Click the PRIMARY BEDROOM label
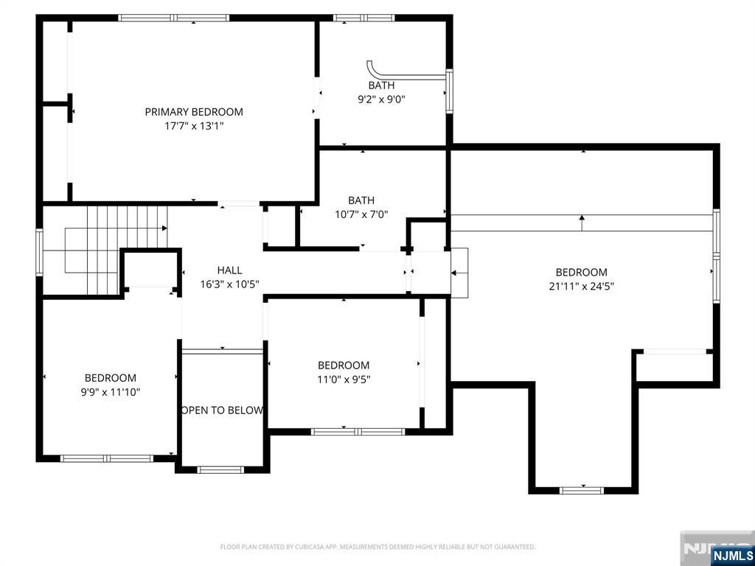[x=194, y=112]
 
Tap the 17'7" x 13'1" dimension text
[x=194, y=127]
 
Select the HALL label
[x=229, y=270]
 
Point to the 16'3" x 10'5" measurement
[x=230, y=284]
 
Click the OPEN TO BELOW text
[x=222, y=410]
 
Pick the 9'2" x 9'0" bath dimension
[x=381, y=99]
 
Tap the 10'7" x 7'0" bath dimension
[x=361, y=214]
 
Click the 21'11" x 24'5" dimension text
[x=581, y=287]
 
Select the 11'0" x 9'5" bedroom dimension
[x=344, y=380]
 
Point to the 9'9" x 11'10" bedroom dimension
[x=111, y=392]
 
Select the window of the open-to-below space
[x=220, y=469]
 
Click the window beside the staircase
[x=40, y=252]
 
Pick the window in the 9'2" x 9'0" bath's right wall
[x=449, y=91]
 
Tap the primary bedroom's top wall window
[x=174, y=18]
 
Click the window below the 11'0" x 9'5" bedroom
[x=358, y=432]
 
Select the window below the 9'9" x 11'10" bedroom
[x=106, y=458]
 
